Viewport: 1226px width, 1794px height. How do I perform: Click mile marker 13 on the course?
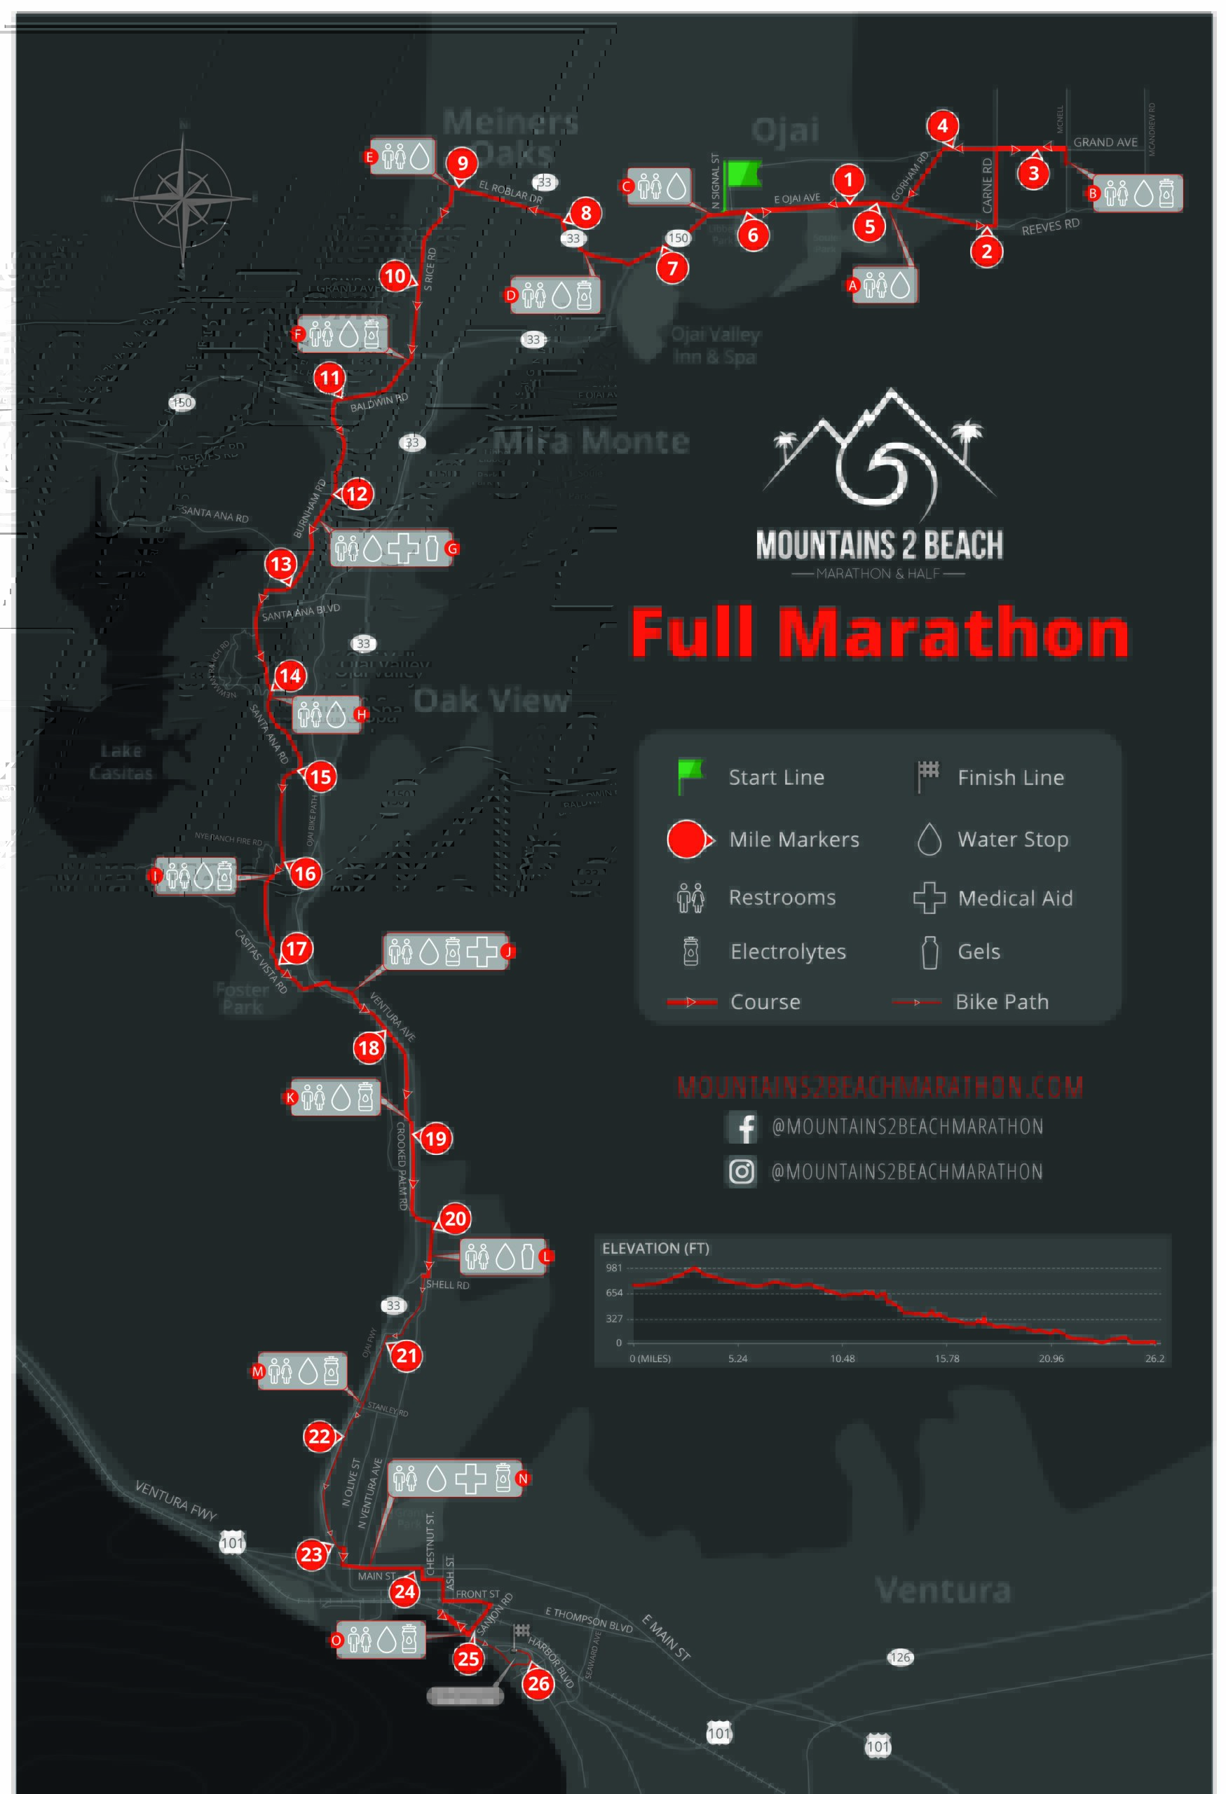tap(280, 563)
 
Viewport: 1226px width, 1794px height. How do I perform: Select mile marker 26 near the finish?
tap(538, 1683)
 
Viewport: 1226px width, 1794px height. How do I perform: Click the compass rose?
tap(183, 198)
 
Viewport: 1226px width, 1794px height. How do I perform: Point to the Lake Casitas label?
tap(121, 761)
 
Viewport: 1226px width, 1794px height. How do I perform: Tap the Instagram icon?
tap(742, 1172)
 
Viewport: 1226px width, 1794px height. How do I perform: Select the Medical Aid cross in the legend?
tap(929, 898)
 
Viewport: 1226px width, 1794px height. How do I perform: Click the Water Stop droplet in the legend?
tap(929, 839)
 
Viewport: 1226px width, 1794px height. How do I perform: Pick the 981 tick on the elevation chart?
tap(614, 1268)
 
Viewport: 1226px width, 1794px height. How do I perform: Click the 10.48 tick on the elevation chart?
tap(843, 1359)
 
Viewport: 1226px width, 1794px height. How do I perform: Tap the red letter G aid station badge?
tap(452, 549)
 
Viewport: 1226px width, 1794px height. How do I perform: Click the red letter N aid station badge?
tap(523, 1478)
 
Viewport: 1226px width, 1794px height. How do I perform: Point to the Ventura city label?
tap(943, 1590)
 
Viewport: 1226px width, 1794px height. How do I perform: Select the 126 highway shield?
tap(899, 1657)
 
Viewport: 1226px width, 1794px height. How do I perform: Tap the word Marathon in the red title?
tap(953, 633)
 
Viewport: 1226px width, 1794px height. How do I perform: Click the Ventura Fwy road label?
tap(176, 1500)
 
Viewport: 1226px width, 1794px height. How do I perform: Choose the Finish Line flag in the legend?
tap(927, 776)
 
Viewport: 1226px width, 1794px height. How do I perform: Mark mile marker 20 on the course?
tap(455, 1219)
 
